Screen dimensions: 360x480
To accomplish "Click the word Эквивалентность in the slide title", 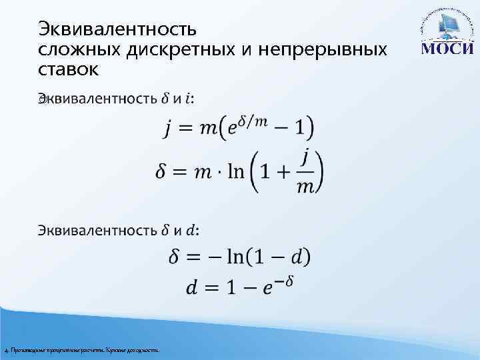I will (x=117, y=29).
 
